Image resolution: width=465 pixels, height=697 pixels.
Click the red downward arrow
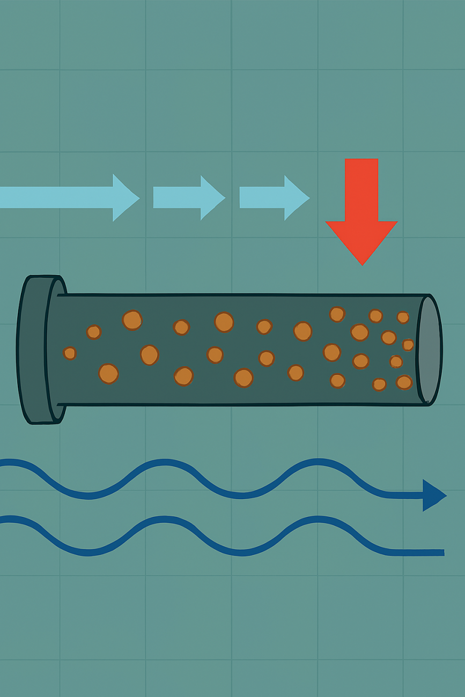click(362, 209)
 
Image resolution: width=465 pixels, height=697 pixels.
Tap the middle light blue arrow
click(188, 197)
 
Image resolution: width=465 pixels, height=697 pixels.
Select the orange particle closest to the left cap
click(70, 353)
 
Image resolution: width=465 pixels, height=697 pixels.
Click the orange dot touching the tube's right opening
click(408, 345)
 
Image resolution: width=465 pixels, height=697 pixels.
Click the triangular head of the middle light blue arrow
click(212, 197)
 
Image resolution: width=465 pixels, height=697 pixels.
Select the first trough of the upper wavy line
click(88, 495)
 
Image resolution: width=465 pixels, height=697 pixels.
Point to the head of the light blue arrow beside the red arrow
click(296, 197)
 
